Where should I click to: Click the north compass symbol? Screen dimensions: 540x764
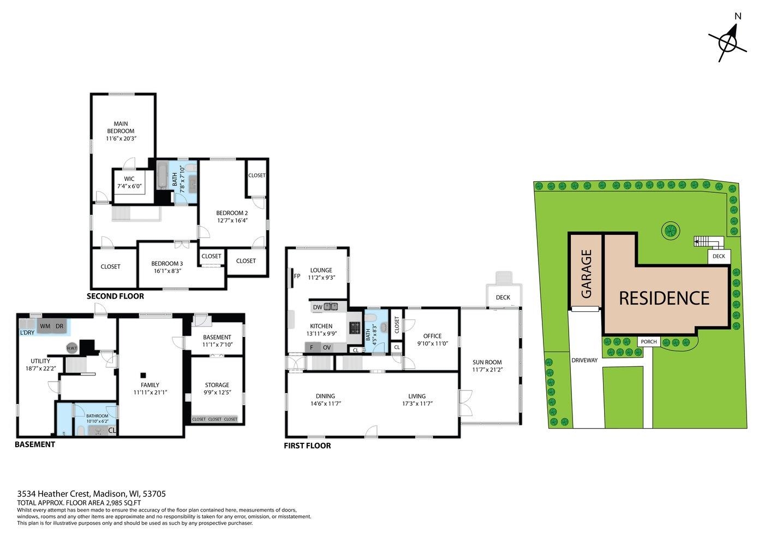[728, 40]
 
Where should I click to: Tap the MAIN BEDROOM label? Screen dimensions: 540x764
[121, 127]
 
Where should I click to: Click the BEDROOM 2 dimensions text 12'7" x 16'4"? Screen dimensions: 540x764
[232, 221]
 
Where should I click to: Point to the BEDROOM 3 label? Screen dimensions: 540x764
[167, 263]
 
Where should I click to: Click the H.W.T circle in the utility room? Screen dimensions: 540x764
[71, 348]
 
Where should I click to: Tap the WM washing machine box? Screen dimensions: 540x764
[45, 326]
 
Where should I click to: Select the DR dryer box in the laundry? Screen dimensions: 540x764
[59, 326]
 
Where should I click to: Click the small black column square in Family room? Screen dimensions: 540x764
[143, 375]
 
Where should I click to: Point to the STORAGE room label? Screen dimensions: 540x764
[217, 385]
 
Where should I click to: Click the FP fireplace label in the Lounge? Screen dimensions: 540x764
[297, 276]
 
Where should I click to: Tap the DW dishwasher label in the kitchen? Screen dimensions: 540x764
[317, 307]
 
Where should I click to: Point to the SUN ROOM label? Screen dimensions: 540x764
[487, 362]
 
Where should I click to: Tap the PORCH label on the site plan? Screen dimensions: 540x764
[649, 342]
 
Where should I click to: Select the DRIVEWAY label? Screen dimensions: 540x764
[584, 360]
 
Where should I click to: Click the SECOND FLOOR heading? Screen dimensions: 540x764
[115, 296]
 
